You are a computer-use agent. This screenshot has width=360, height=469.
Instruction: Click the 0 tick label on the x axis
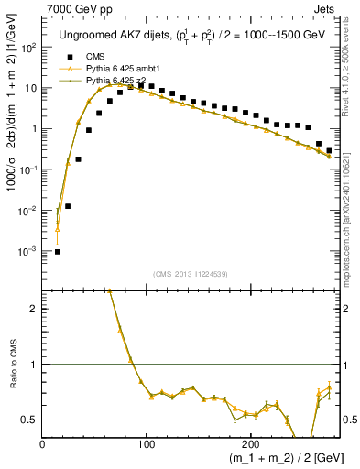point(42,444)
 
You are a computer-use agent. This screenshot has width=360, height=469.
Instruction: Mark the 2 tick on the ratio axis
point(34,309)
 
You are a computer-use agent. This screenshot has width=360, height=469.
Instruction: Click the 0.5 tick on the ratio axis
point(30,420)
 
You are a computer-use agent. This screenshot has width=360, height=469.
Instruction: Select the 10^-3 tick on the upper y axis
point(29,251)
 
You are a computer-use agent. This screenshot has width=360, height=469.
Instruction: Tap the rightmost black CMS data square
point(329,150)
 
